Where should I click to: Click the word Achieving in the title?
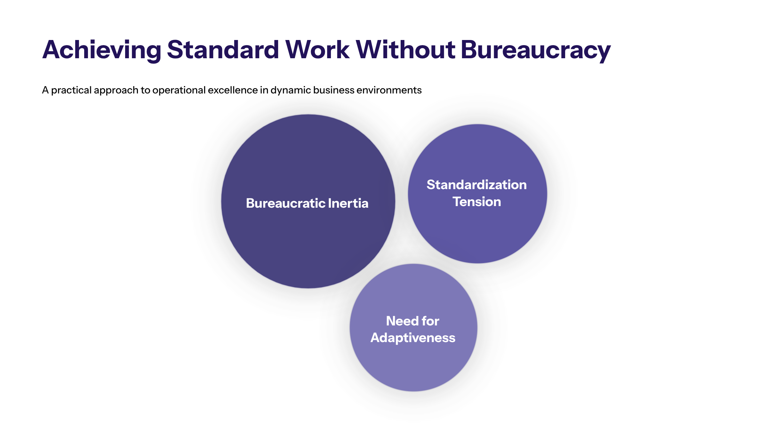102,50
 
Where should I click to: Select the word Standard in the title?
223,50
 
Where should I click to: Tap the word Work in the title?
317,50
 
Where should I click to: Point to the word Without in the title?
405,50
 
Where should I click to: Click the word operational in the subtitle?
179,90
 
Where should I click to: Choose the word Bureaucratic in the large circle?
285,203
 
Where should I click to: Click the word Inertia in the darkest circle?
348,203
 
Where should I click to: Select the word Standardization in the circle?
477,185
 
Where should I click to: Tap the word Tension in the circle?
477,202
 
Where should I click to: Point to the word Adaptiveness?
413,338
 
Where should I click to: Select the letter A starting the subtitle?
45,90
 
